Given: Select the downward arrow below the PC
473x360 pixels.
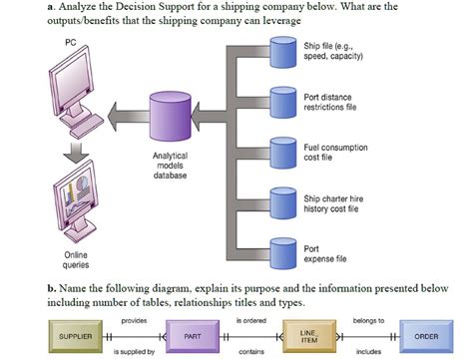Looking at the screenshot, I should click(x=72, y=150).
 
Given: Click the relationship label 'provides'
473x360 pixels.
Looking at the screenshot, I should click(x=134, y=320).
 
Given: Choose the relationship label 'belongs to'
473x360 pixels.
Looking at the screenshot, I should click(x=367, y=320).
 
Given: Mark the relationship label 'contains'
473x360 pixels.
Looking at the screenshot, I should click(x=251, y=352).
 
